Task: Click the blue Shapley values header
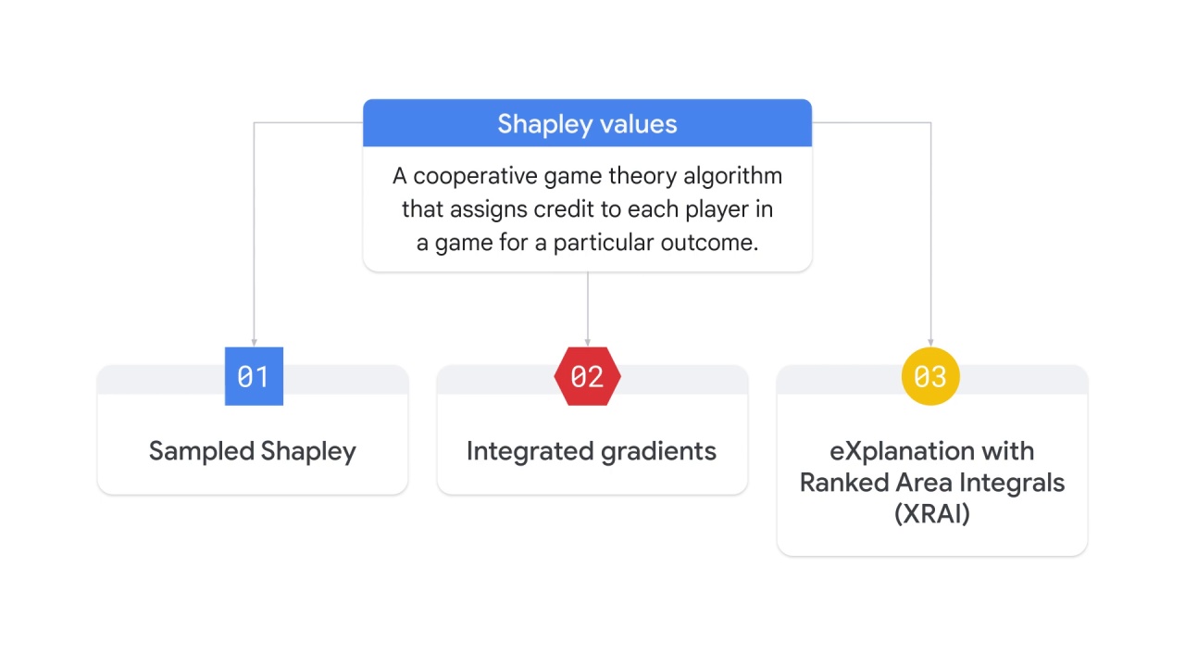(x=587, y=123)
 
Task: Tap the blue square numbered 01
(x=254, y=376)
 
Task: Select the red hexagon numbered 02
(x=587, y=376)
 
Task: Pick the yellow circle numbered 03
(x=930, y=376)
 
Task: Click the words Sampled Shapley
(x=253, y=451)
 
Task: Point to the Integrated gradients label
(x=592, y=451)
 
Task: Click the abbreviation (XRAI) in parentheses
(x=932, y=513)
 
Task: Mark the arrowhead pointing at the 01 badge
(x=254, y=343)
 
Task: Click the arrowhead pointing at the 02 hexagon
(x=587, y=343)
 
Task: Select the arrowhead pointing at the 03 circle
(x=930, y=343)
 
